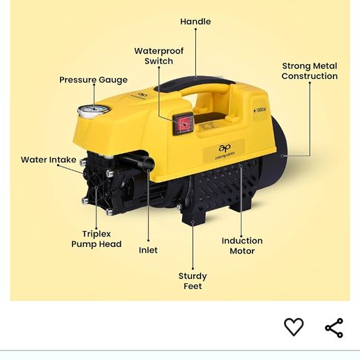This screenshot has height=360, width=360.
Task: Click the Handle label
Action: coord(195,22)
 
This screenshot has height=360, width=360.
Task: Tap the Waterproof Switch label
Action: coord(159,56)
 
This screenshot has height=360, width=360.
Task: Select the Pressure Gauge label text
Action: coord(93,80)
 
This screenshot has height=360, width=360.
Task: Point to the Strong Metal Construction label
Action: coord(310,71)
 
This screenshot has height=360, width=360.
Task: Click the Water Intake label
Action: coord(49,160)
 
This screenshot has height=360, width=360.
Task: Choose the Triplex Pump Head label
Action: coord(96,239)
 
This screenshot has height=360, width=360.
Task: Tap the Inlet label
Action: coord(148,250)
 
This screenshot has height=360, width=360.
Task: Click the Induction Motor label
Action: coord(242,246)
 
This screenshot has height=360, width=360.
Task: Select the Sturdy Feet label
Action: coord(193,281)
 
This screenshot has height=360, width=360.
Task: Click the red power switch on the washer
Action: coord(183,124)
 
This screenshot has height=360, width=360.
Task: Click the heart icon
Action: coord(294,327)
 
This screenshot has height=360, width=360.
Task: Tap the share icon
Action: coord(334,328)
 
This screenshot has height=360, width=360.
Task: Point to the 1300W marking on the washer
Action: coord(260,110)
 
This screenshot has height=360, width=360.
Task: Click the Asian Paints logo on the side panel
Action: coord(225,152)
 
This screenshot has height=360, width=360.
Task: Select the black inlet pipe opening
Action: coord(148,164)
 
